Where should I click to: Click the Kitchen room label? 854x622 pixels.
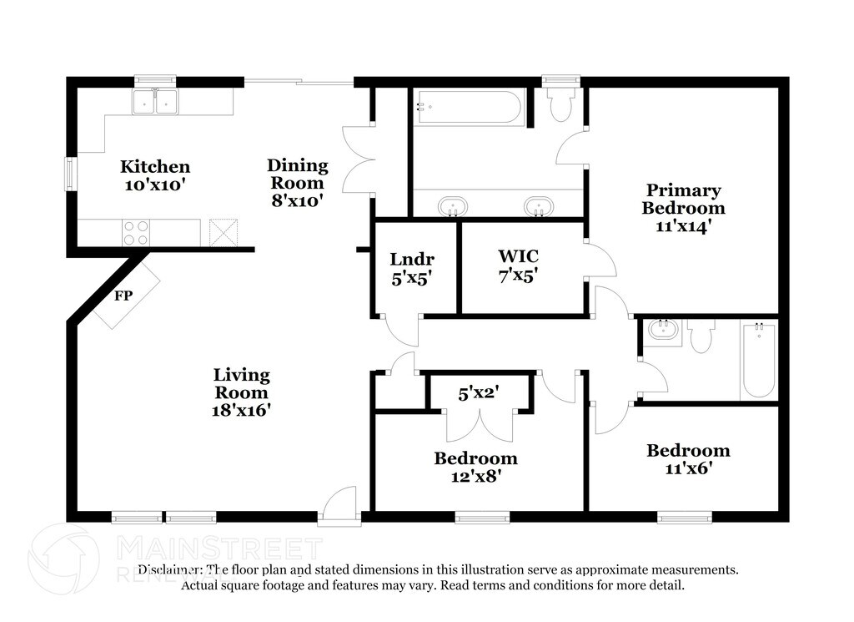pyautogui.click(x=155, y=166)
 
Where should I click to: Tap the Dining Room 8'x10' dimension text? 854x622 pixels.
pyautogui.click(x=298, y=200)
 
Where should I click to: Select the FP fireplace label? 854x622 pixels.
pyautogui.click(x=123, y=296)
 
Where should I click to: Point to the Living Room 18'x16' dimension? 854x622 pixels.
pyautogui.click(x=241, y=410)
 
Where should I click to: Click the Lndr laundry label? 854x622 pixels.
pyautogui.click(x=412, y=259)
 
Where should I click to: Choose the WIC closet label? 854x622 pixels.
pyautogui.click(x=519, y=255)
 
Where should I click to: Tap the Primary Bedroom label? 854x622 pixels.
pyautogui.click(x=684, y=199)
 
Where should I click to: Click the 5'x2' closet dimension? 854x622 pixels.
pyautogui.click(x=479, y=392)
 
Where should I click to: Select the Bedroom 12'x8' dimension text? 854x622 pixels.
pyautogui.click(x=476, y=477)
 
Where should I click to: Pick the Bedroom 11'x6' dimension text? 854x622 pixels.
pyautogui.click(x=689, y=468)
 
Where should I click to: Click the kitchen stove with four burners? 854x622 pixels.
pyautogui.click(x=136, y=233)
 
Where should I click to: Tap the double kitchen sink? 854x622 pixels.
pyautogui.click(x=154, y=101)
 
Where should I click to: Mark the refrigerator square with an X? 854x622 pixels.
pyautogui.click(x=224, y=232)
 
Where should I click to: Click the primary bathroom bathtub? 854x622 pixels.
pyautogui.click(x=469, y=108)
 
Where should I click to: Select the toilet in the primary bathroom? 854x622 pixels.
pyautogui.click(x=560, y=104)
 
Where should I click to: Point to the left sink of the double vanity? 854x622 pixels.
pyautogui.click(x=453, y=206)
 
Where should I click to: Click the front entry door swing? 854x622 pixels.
pyautogui.click(x=339, y=504)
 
